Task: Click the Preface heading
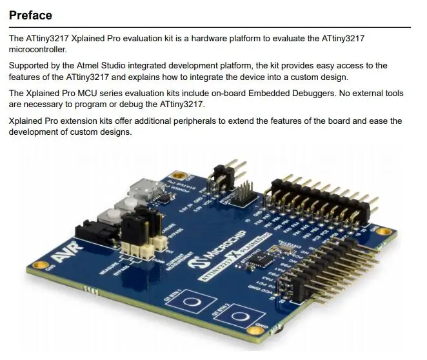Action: (30, 14)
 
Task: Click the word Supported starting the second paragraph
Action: (30, 66)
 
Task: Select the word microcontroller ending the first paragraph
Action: (38, 49)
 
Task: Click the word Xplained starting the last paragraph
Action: (26, 121)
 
